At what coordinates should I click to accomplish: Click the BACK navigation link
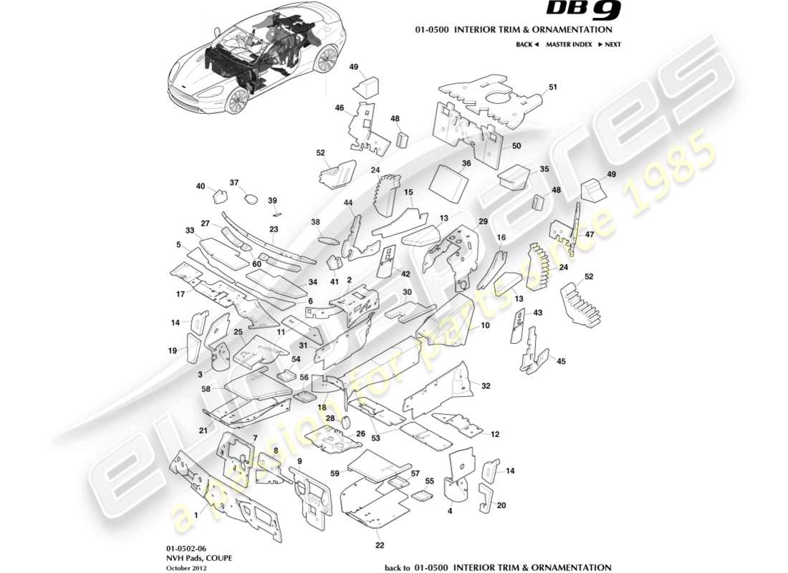(527, 44)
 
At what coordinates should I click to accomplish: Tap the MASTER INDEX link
(568, 44)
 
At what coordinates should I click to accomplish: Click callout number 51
(552, 87)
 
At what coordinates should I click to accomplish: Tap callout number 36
(466, 163)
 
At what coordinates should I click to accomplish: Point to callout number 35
(544, 170)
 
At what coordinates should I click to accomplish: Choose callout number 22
(380, 546)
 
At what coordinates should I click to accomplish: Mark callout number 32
(486, 386)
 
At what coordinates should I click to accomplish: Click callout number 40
(201, 186)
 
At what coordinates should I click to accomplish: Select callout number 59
(335, 473)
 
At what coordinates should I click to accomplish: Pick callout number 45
(561, 362)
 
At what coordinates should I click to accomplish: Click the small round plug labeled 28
(345, 421)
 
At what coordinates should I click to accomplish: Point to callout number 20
(501, 505)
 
